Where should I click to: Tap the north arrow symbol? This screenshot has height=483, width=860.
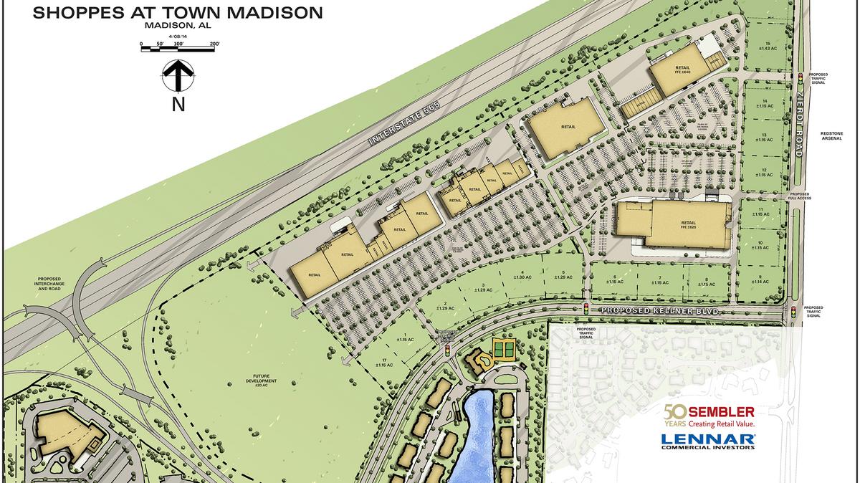[x=178, y=76]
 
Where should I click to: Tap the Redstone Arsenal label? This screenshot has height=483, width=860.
[x=835, y=138]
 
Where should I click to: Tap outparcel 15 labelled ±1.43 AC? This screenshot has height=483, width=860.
[x=768, y=47]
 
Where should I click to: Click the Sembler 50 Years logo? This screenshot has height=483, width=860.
[x=709, y=416]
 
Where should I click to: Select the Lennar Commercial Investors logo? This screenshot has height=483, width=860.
[x=707, y=440]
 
